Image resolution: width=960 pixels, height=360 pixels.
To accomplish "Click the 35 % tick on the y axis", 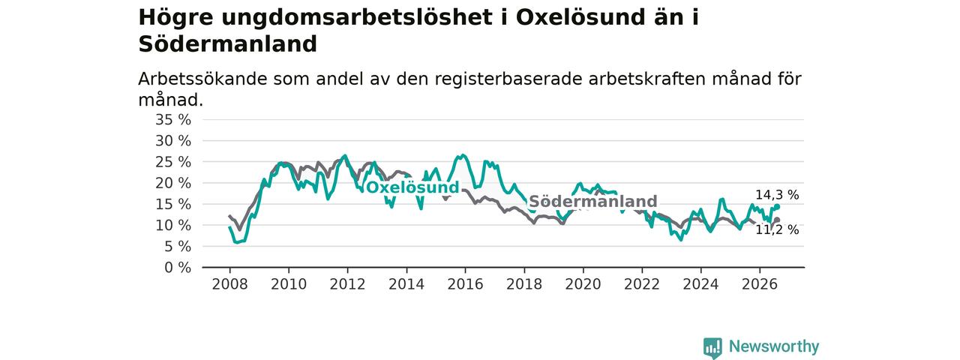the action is click(x=173, y=119).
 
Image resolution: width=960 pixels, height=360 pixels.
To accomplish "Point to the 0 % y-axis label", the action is click(x=178, y=268).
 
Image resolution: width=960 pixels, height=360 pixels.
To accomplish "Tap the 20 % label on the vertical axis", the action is click(x=173, y=183).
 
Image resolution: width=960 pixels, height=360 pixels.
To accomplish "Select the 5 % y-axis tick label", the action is click(x=178, y=247).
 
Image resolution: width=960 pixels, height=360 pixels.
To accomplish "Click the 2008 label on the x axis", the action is click(x=229, y=284).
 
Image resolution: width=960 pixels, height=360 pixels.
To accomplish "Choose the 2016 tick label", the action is click(x=466, y=284).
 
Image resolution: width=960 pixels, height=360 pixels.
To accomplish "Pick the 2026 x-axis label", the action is click(x=760, y=284).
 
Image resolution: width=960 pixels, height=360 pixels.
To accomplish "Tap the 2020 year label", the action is click(x=583, y=284).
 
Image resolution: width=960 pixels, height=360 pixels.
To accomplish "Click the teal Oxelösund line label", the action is click(x=412, y=187).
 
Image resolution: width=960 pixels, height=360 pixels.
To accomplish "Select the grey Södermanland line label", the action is click(x=593, y=201).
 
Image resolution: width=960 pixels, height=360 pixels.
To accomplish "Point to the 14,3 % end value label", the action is click(x=777, y=195).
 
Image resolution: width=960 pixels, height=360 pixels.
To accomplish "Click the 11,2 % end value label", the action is click(x=777, y=230).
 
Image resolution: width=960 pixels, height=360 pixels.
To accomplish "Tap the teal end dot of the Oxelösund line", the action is click(x=777, y=207).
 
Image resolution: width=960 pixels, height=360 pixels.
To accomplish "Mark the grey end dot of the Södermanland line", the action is click(x=777, y=220).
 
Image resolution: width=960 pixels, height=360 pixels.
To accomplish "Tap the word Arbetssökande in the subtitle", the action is click(x=202, y=79).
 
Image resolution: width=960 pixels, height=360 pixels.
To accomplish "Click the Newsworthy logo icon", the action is click(x=712, y=348).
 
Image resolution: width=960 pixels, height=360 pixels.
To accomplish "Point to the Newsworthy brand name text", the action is click(x=774, y=346).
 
